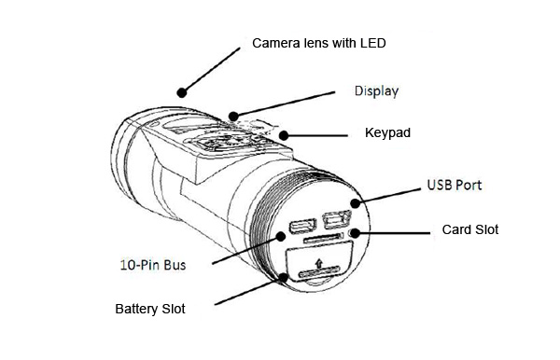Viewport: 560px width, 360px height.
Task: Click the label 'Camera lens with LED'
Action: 319,43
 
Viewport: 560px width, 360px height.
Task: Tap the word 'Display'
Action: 376,91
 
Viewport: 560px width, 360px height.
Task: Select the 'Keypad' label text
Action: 387,132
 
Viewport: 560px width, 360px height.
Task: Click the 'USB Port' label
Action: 455,185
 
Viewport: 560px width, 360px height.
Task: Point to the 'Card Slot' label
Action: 470,229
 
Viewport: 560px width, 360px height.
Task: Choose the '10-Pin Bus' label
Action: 153,265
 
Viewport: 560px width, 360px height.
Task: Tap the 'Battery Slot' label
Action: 150,309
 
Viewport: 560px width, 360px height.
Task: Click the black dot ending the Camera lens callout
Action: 182,92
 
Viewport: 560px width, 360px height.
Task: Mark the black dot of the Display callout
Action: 233,117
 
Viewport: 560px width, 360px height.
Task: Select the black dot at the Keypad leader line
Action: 284,135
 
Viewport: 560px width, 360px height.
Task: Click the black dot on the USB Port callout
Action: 355,203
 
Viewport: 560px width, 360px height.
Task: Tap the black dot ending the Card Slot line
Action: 355,233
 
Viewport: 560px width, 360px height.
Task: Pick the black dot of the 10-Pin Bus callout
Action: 281,236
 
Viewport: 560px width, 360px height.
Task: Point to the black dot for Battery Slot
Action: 284,278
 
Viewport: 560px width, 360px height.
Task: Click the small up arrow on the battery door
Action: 319,263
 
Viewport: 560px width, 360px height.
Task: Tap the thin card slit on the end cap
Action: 322,239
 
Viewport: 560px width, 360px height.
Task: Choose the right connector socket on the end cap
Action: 337,219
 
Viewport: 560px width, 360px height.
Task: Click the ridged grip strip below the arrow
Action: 319,272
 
